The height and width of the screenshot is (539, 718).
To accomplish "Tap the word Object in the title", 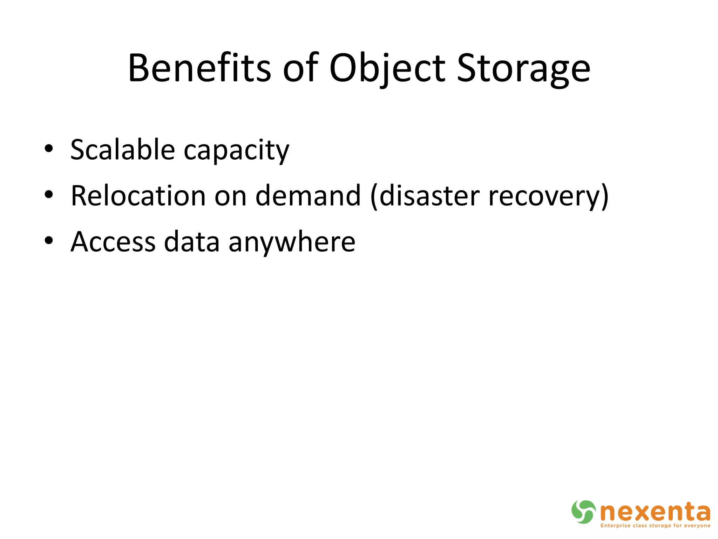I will [387, 68].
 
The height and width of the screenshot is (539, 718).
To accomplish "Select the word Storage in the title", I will [523, 68].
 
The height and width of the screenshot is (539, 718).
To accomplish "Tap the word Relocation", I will [138, 195].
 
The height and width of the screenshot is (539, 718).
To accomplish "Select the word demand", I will [308, 195].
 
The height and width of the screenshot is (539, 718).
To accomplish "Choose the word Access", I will [113, 242].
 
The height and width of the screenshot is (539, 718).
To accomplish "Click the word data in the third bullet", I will [192, 242].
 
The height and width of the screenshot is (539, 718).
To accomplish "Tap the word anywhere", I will [292, 242].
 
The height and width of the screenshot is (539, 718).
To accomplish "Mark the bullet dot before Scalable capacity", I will [49, 149].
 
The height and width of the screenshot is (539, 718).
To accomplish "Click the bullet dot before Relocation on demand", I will [49, 194].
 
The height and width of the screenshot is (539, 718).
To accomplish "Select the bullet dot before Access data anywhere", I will [49, 241].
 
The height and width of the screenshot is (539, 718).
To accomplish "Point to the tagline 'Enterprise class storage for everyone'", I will [655, 526].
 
